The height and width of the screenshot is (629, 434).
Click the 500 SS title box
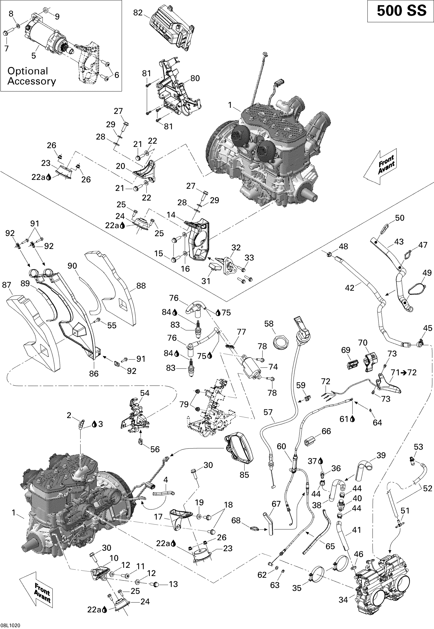pyautogui.click(x=400, y=11)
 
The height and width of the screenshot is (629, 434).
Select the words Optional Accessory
pyautogui.click(x=31, y=76)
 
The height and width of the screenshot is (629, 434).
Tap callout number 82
pyautogui.click(x=138, y=13)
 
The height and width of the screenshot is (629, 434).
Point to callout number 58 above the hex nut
pyautogui.click(x=269, y=324)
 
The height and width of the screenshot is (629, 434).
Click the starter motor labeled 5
pyautogui.click(x=45, y=37)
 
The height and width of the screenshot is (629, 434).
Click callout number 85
pyautogui.click(x=244, y=475)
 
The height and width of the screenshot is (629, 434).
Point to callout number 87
pyautogui.click(x=7, y=285)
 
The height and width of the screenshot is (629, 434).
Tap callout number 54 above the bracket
pyautogui.click(x=145, y=393)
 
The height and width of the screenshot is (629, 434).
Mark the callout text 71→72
pyautogui.click(x=404, y=372)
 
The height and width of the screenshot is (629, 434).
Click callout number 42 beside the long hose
pyautogui.click(x=349, y=288)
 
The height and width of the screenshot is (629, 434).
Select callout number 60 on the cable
pyautogui.click(x=282, y=446)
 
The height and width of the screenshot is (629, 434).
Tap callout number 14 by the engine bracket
pyautogui.click(x=171, y=215)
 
